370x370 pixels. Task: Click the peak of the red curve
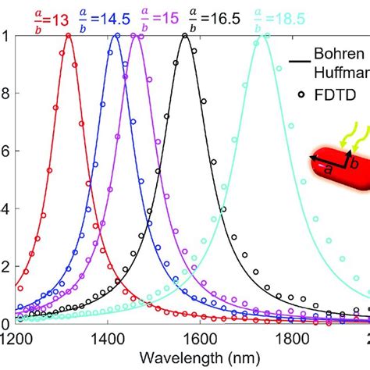click(x=69, y=35)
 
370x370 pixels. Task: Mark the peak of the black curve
click(x=185, y=35)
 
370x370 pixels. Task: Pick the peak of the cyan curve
click(x=263, y=35)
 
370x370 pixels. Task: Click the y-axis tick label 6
click(x=6, y=151)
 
